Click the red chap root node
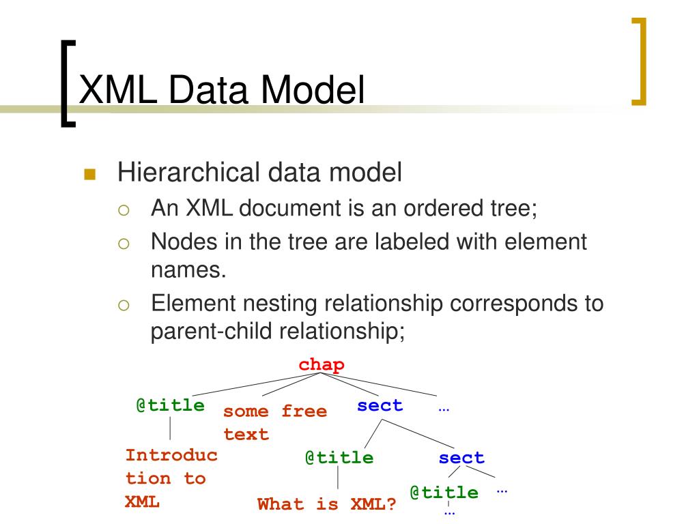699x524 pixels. (x=322, y=365)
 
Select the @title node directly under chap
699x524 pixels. (x=170, y=405)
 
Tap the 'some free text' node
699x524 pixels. (x=274, y=422)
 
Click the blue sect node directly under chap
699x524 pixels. (x=380, y=405)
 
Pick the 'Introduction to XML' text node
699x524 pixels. (x=171, y=478)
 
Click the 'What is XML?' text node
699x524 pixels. (x=327, y=504)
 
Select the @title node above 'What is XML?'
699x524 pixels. (x=339, y=458)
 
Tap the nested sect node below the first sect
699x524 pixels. (x=461, y=458)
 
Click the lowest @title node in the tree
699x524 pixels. (x=444, y=493)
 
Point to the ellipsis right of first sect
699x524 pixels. (x=444, y=408)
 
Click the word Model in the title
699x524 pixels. (x=313, y=89)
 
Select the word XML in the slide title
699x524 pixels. (x=117, y=89)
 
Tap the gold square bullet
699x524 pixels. (x=89, y=174)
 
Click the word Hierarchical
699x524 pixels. (x=188, y=172)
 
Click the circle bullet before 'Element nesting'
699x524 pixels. (x=124, y=305)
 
